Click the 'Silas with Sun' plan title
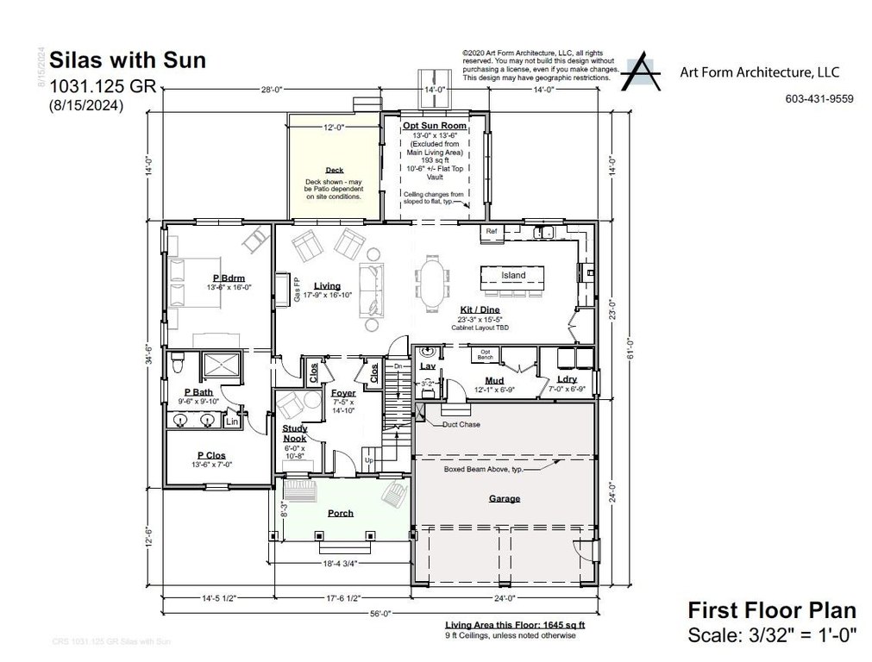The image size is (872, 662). (128, 60)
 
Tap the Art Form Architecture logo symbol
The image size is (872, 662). (644, 72)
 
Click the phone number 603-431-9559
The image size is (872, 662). (819, 99)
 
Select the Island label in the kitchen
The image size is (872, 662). (513, 276)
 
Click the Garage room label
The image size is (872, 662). (504, 498)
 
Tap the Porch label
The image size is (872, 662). (341, 513)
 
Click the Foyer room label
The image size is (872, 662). (343, 394)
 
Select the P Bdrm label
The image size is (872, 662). (229, 278)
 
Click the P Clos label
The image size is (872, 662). (212, 455)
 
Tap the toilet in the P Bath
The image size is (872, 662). (178, 363)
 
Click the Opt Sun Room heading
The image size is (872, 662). (435, 126)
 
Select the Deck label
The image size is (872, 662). (334, 171)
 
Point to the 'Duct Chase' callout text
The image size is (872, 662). (461, 425)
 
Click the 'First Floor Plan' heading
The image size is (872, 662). (771, 610)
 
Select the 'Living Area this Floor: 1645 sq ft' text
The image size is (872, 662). (502, 625)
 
